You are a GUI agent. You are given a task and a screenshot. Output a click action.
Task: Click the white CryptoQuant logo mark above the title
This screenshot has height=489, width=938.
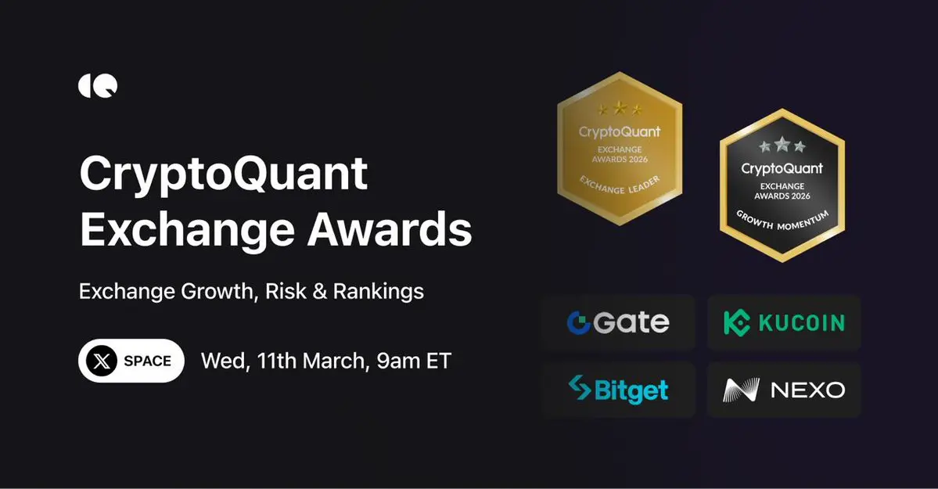pos(98,86)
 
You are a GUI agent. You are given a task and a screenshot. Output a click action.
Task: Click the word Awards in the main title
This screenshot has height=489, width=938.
pos(390,230)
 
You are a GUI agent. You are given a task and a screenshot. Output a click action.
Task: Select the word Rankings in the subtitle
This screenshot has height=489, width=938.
pos(379,292)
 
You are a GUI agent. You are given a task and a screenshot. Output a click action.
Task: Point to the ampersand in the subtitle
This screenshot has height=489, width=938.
pos(320,292)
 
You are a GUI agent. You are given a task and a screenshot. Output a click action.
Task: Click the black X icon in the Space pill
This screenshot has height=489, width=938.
pos(102,361)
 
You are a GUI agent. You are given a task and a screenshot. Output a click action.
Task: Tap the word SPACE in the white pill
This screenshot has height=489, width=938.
pos(147,361)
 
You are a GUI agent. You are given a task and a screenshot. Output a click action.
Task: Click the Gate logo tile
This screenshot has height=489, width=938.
pos(620,322)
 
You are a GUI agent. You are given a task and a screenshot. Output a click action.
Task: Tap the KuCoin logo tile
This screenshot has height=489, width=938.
pos(784,322)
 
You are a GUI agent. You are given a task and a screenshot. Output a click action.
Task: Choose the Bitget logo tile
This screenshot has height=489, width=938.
pos(620,390)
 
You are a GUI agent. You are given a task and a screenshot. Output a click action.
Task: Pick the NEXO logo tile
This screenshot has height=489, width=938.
pos(784,390)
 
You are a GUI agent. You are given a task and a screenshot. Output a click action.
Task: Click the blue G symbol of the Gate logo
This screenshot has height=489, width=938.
pos(578,322)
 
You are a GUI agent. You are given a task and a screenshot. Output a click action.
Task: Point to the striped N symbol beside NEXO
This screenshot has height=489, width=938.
pos(741,390)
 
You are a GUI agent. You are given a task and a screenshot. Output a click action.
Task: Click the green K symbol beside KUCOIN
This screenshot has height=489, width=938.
pos(737,322)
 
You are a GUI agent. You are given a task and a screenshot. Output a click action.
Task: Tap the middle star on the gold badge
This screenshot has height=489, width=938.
pos(620,108)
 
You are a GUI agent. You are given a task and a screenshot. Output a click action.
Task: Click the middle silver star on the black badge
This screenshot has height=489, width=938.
pos(782,144)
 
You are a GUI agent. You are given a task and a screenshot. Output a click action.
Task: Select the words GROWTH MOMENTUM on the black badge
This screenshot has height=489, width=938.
pos(782,221)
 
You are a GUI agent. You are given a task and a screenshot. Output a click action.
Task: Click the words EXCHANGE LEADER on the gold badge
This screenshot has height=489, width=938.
pos(620,185)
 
